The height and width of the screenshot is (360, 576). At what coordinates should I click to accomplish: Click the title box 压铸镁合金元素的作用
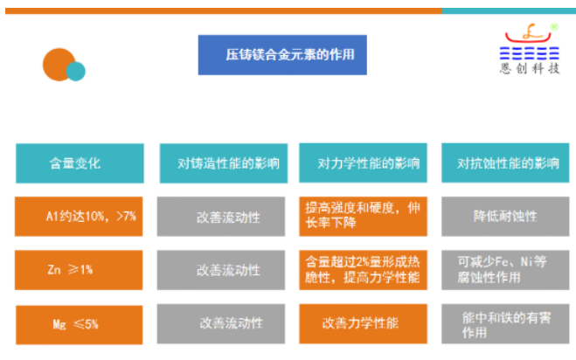click(x=281, y=54)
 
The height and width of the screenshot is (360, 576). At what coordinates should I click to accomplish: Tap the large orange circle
click(x=59, y=64)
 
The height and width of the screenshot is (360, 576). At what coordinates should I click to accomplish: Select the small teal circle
click(x=76, y=71)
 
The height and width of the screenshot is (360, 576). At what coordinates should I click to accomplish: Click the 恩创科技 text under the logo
click(x=530, y=69)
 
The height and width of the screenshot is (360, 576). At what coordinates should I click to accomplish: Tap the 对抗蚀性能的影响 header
click(x=507, y=163)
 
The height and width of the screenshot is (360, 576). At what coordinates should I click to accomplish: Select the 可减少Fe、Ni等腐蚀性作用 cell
click(x=507, y=270)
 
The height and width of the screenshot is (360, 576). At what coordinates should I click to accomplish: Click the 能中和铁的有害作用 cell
click(x=507, y=323)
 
